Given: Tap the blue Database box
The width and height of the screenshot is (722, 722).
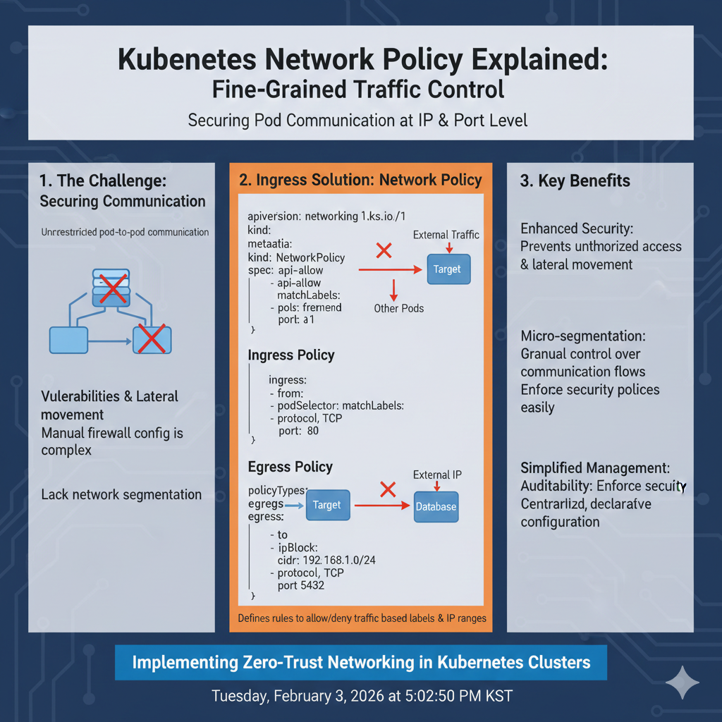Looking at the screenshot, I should [x=436, y=506].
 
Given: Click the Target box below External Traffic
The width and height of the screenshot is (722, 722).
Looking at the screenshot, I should [x=447, y=269].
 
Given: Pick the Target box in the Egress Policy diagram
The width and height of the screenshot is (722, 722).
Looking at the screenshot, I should [x=326, y=505].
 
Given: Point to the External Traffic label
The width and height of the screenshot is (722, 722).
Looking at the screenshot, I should [x=446, y=235].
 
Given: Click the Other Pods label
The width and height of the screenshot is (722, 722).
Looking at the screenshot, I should [x=399, y=308].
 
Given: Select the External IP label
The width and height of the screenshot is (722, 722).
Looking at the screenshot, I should [x=437, y=475].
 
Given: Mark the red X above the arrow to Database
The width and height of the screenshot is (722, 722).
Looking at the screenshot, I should [x=386, y=488].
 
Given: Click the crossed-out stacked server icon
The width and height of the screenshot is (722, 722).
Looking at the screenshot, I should [x=112, y=287].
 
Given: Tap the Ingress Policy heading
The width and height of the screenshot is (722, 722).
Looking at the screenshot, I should [x=291, y=355].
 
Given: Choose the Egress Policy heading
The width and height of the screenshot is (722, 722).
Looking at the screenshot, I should [x=290, y=467].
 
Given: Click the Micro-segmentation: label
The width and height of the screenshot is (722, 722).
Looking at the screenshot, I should [x=583, y=336].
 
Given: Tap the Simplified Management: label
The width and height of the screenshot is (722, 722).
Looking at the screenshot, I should [x=595, y=468].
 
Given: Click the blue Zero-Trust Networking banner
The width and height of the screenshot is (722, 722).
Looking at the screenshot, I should [x=361, y=663].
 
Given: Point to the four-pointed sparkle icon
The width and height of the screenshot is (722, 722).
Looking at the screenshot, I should [x=683, y=682].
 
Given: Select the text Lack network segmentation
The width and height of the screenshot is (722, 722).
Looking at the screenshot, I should [x=121, y=494].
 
